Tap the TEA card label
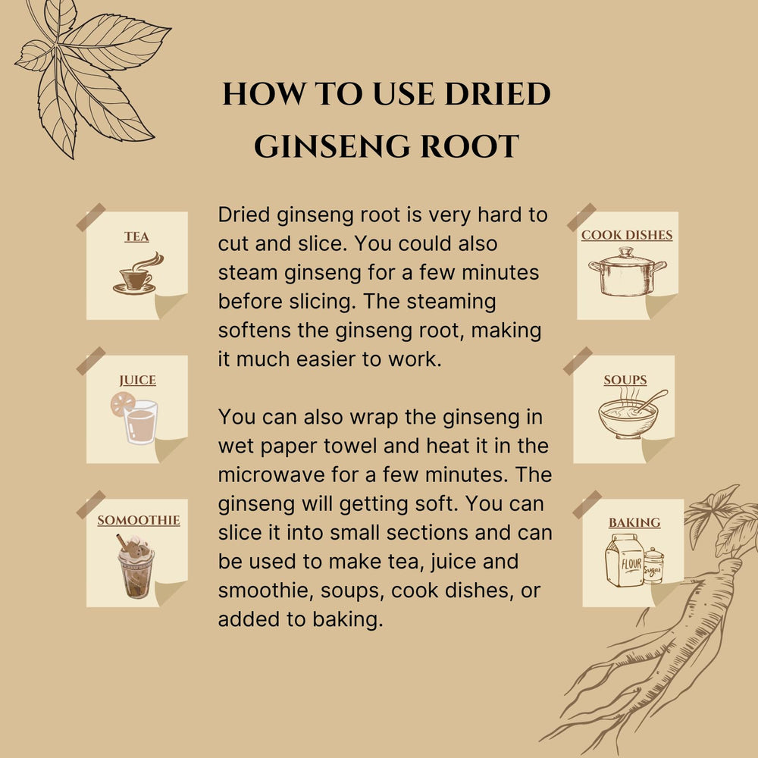tap(137, 237)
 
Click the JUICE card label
tap(137, 381)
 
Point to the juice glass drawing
tap(139, 422)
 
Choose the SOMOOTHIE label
tap(138, 521)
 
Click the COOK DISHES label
tap(626, 235)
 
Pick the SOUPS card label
tap(625, 380)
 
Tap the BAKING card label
tap(634, 522)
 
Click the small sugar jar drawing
tap(653, 565)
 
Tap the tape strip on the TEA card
tap(91, 217)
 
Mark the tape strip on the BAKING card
tap(587, 505)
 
